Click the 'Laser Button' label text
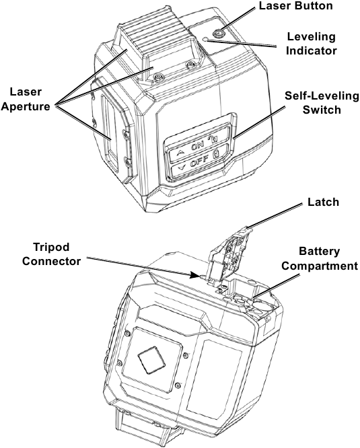(295, 5)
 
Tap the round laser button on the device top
(219, 34)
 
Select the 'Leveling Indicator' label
(312, 44)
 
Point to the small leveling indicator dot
(205, 39)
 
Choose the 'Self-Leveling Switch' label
(322, 102)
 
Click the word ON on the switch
(197, 147)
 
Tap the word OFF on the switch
(199, 163)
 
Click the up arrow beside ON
(180, 153)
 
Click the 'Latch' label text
(323, 202)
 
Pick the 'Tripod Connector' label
(51, 254)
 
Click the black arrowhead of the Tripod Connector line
(195, 275)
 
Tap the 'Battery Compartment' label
(320, 258)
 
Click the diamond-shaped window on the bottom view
(151, 360)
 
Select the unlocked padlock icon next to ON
(213, 139)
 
